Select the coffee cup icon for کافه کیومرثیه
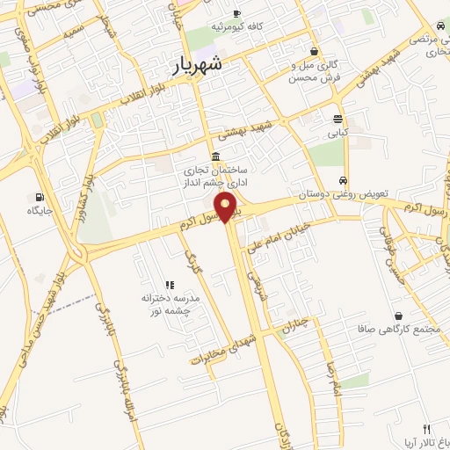click(236, 14)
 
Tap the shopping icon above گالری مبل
click(315, 51)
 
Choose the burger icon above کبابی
click(338, 120)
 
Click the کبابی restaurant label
click(338, 134)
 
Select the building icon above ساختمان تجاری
click(216, 156)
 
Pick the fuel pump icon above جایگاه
click(38, 196)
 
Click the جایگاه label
click(40, 211)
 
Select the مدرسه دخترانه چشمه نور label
click(171, 304)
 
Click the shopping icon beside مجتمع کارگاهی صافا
click(399, 316)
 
